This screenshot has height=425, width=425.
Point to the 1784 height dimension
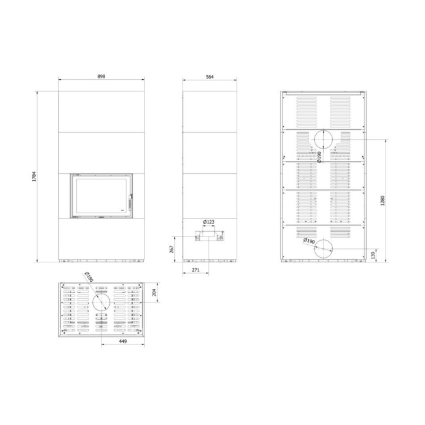pos(34,176)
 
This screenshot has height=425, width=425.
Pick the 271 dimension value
pos(195,271)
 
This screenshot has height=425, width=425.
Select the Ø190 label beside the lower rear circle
pos(309,241)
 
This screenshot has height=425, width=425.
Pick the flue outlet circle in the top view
pos(101,303)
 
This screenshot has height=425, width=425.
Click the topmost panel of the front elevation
pos(100,110)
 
